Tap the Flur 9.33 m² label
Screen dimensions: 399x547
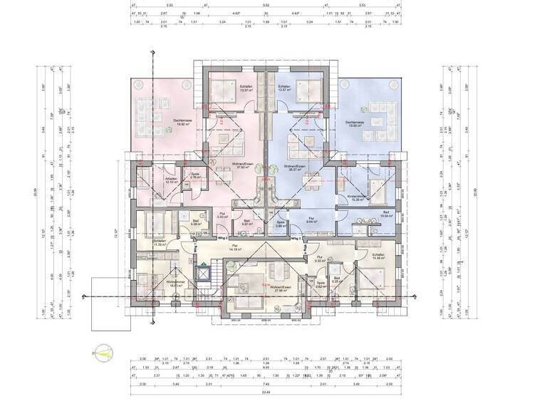(320, 258)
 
